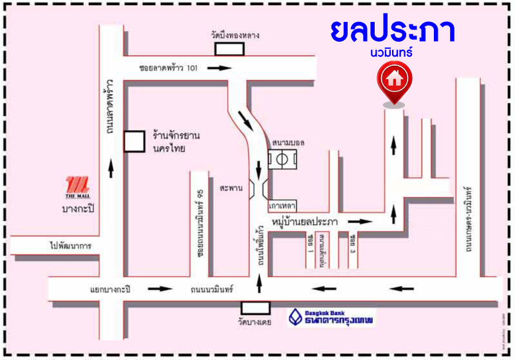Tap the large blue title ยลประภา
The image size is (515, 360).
pyautogui.click(x=392, y=32)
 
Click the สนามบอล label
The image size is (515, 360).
pyautogui.click(x=288, y=142)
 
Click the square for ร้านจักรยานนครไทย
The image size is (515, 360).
pyautogui.click(x=135, y=141)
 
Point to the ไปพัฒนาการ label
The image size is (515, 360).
pyautogui.click(x=71, y=246)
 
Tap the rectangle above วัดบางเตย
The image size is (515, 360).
pyautogui.click(x=255, y=308)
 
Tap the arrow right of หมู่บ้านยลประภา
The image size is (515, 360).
pyautogui.click(x=364, y=222)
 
